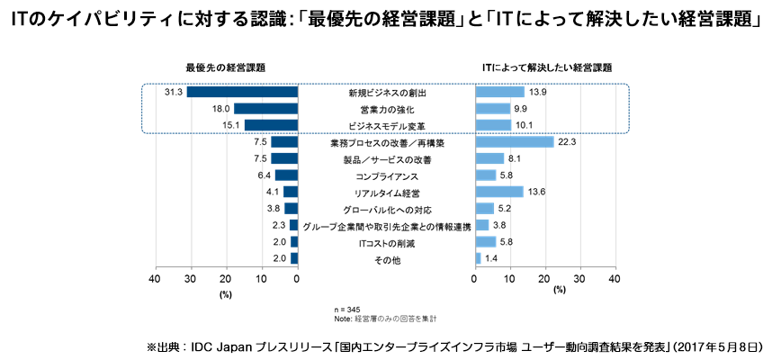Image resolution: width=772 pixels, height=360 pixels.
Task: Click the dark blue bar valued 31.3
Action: [242, 92]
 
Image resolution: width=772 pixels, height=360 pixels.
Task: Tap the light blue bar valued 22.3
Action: [514, 141]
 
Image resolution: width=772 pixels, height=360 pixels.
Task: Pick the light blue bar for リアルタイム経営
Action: [498, 192]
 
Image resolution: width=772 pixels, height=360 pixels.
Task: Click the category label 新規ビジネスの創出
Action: [386, 93]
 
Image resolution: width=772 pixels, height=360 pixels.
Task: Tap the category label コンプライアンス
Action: [386, 175]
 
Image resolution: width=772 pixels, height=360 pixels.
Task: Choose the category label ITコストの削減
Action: [386, 243]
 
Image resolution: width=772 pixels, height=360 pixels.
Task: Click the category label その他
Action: [386, 260]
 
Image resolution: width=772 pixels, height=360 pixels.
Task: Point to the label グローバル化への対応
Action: [386, 210]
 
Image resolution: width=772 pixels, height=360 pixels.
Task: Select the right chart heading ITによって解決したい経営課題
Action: [547, 67]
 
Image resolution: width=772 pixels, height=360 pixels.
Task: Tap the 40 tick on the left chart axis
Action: [155, 279]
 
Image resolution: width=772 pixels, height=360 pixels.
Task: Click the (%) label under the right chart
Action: [560, 291]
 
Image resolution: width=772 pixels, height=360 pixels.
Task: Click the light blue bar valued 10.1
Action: [493, 125]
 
